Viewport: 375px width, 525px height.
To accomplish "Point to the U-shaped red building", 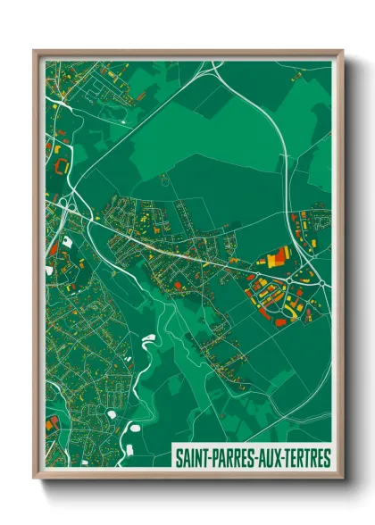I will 60,166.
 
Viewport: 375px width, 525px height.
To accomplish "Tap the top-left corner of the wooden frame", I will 35,52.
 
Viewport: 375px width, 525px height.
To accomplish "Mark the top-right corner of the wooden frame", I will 342,52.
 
